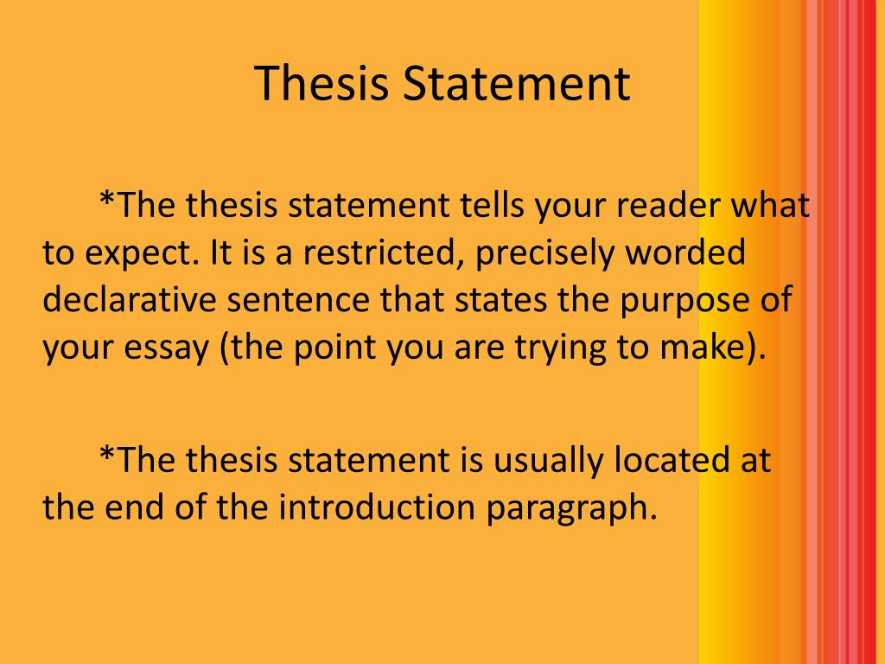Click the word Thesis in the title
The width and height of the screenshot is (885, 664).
coord(320,84)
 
